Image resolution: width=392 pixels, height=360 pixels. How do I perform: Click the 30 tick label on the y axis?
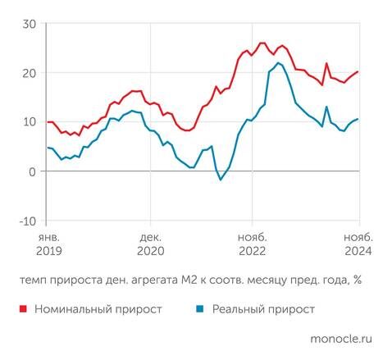point(28,23)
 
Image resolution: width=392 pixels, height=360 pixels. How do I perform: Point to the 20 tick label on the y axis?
point(28,73)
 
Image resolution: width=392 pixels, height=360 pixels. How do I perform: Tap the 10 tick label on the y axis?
point(28,122)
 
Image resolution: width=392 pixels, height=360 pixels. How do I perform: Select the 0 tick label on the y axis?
point(31,171)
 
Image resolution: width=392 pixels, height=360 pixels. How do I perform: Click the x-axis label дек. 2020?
point(150,244)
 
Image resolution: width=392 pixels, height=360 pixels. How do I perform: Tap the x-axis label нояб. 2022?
point(252,244)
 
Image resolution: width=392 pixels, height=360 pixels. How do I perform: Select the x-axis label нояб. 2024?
point(354,244)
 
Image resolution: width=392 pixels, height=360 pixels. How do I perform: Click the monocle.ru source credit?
point(341,337)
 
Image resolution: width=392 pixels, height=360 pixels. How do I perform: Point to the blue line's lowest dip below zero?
point(221,180)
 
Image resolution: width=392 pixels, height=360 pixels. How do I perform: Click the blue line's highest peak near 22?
point(279,63)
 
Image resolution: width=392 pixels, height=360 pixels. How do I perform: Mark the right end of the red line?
point(358,72)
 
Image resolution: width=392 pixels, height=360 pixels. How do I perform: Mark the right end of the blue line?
point(358,120)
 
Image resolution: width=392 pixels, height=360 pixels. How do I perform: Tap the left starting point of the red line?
point(48,122)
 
